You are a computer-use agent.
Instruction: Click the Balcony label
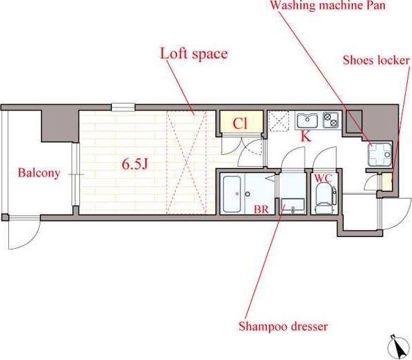[x=39, y=173]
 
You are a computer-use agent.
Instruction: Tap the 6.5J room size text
[x=135, y=164]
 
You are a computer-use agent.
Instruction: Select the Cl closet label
[x=240, y=123]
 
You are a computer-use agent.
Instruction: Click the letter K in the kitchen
[x=306, y=136]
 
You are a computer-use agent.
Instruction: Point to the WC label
[x=323, y=178]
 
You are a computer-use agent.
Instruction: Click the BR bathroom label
[x=261, y=209]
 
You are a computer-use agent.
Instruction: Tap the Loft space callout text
[x=194, y=54]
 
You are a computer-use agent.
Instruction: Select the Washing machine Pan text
[x=328, y=6]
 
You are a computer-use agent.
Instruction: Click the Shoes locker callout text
[x=376, y=60]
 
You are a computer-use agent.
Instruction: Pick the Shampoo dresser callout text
[x=283, y=327]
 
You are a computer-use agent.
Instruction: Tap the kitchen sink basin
[x=307, y=120]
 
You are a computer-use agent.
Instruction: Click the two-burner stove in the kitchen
[x=331, y=120]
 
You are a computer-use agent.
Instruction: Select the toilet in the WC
[x=325, y=198]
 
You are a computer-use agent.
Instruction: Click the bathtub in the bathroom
[x=232, y=194]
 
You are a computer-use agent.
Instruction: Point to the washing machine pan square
[x=380, y=154]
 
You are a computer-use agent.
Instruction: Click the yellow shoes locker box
[x=387, y=182]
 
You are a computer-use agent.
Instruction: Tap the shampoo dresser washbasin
[x=292, y=205]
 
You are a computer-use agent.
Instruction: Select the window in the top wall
[x=123, y=107]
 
